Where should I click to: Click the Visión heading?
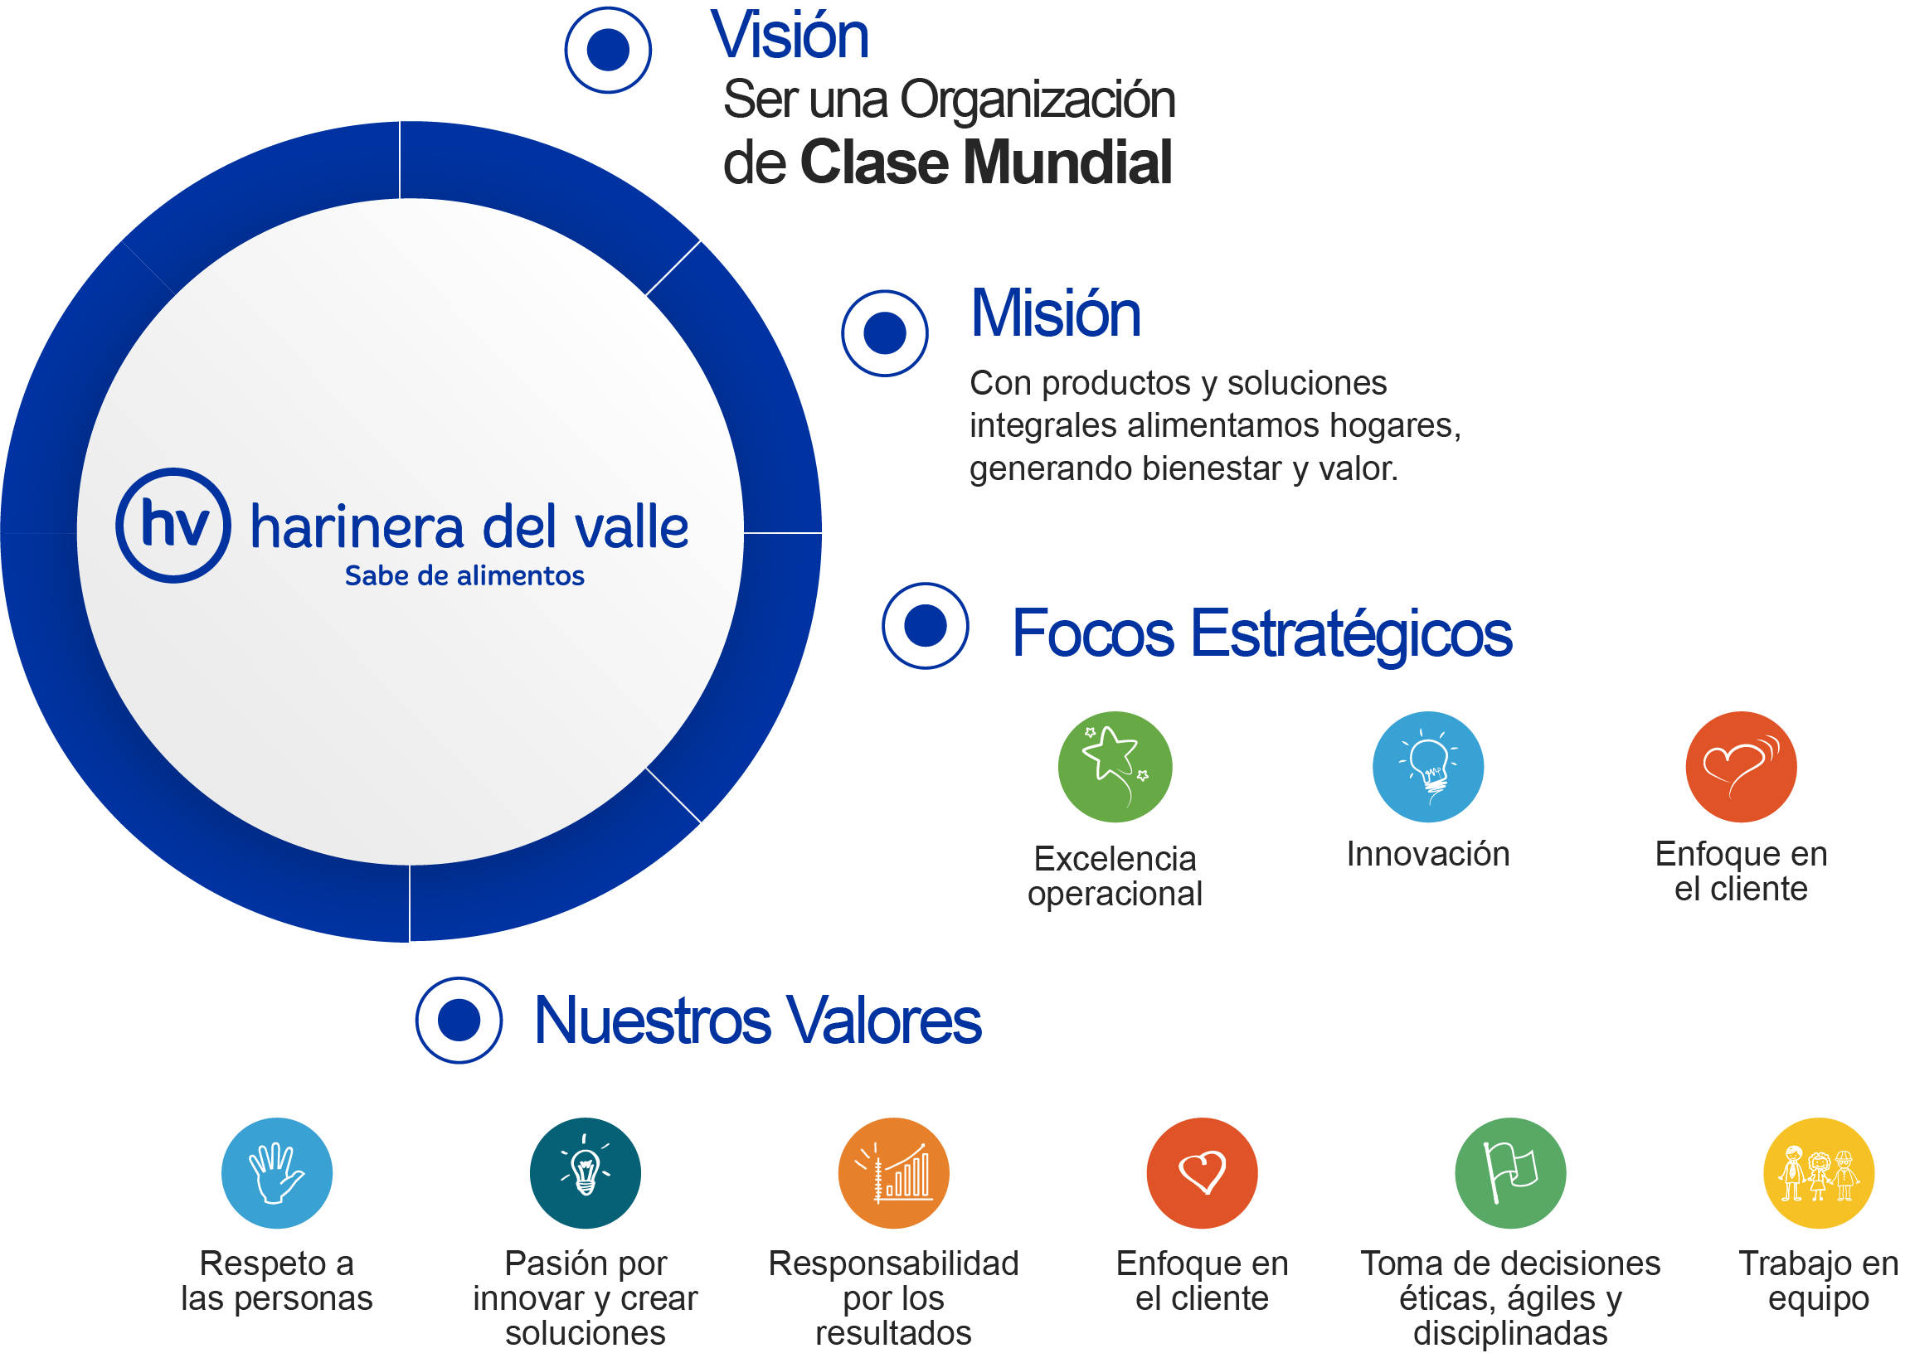click(790, 36)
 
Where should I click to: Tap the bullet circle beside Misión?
click(884, 332)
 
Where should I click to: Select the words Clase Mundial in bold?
click(985, 162)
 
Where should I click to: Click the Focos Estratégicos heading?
click(1261, 634)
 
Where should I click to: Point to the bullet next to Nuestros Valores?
click(459, 1021)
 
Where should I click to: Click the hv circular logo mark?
click(173, 525)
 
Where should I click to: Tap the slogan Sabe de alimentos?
click(464, 576)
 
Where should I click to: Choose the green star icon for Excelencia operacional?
click(1114, 767)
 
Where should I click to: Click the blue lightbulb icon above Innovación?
click(1427, 767)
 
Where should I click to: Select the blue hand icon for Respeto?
click(277, 1172)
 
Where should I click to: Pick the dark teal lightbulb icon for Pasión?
click(586, 1172)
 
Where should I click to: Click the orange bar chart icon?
click(893, 1172)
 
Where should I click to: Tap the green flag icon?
click(1509, 1172)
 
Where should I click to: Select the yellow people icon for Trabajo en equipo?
click(1818, 1172)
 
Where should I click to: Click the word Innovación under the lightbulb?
click(1427, 854)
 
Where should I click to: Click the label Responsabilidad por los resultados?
click(893, 1297)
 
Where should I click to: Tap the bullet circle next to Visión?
click(608, 51)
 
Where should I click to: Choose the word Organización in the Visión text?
click(1037, 99)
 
